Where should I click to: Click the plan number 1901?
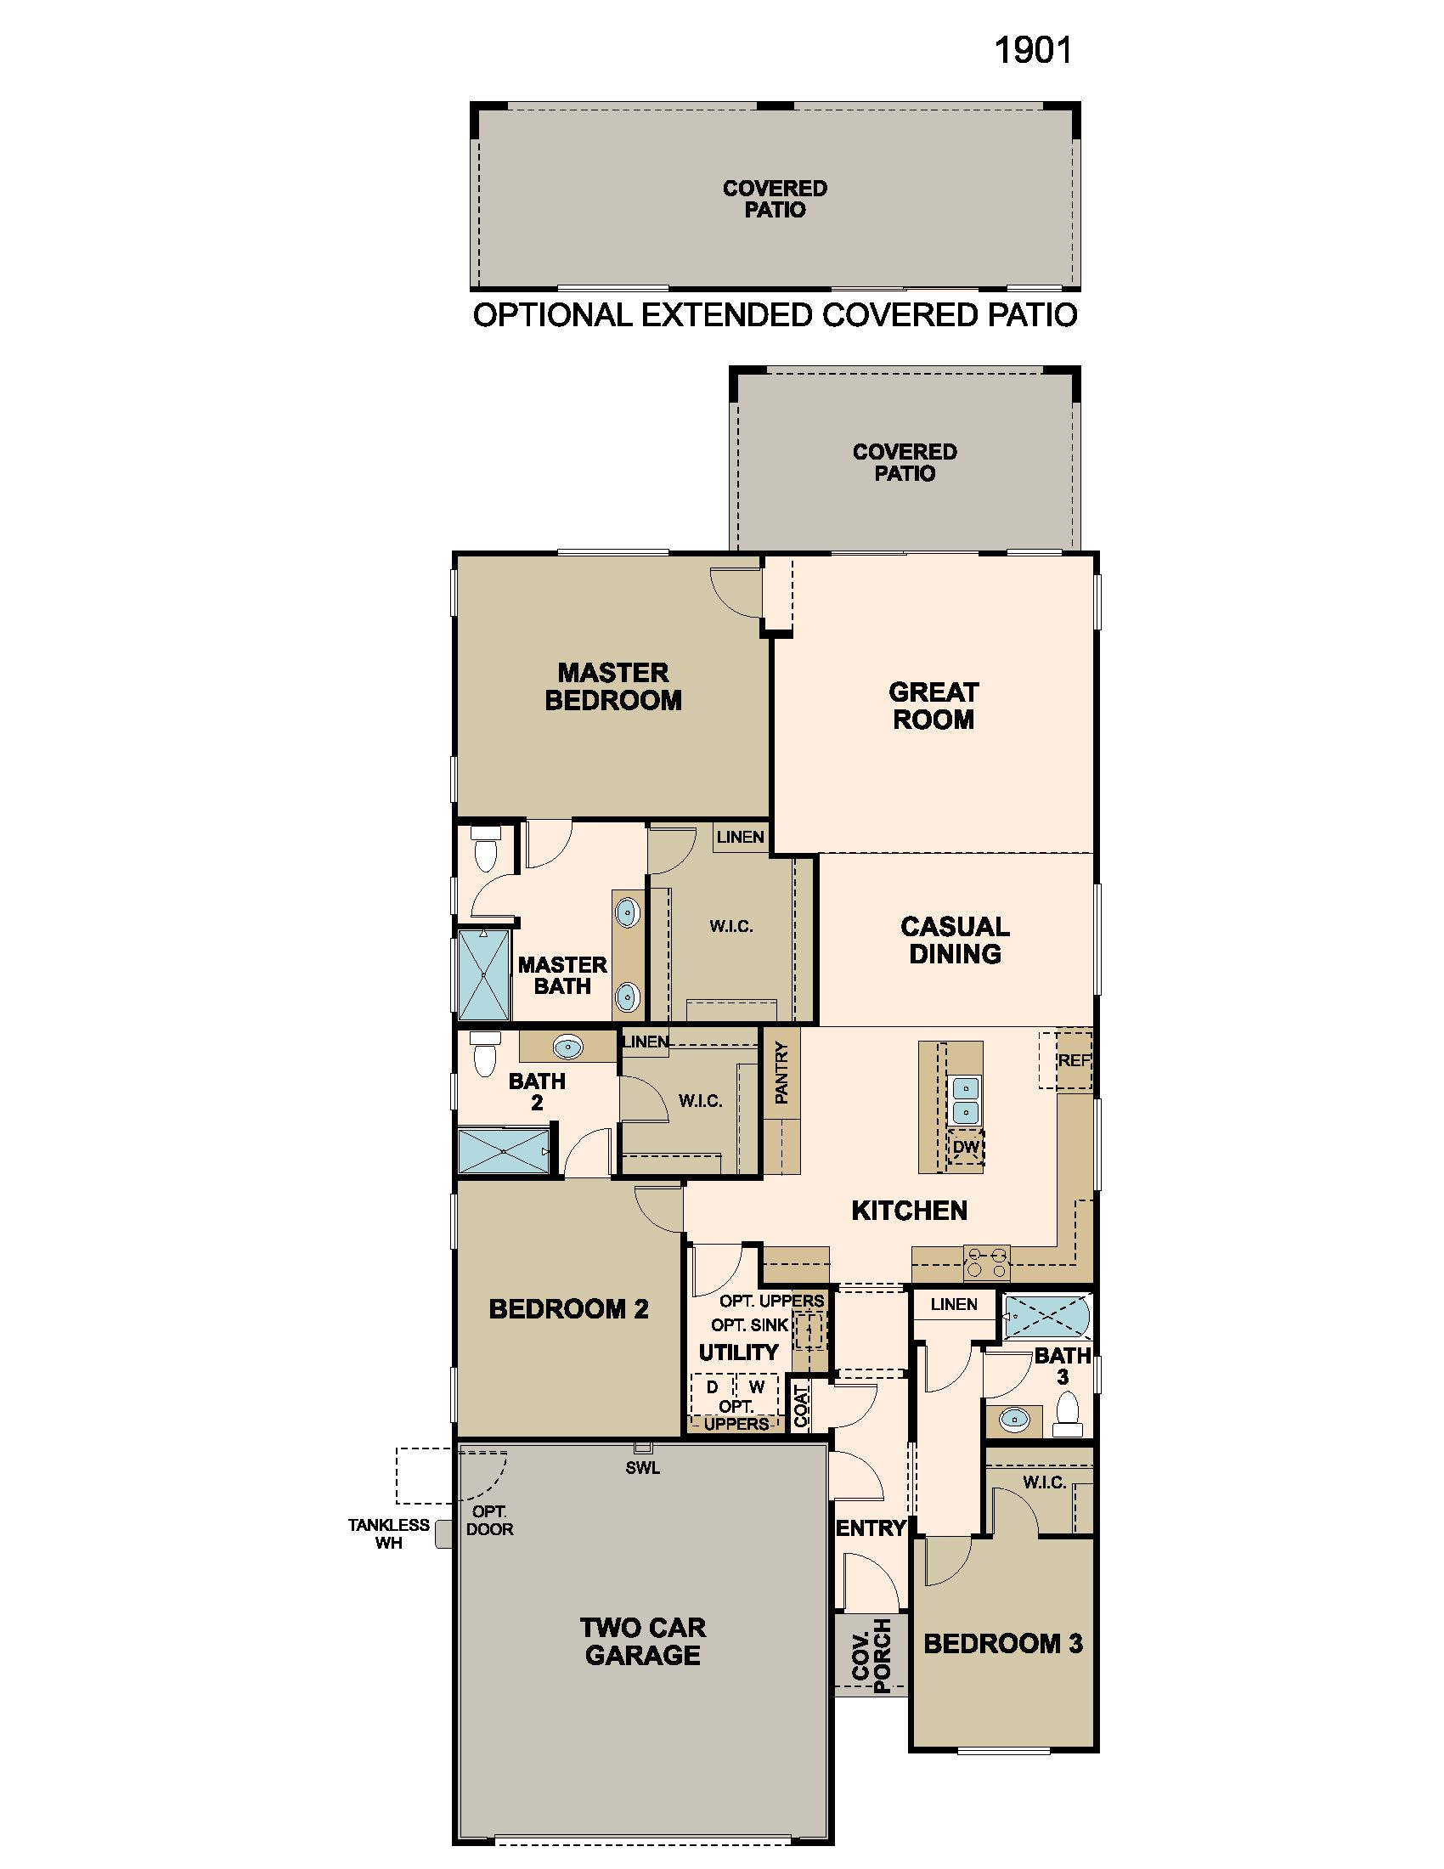click(1033, 51)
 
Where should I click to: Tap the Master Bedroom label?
click(612, 686)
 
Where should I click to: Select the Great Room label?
click(934, 705)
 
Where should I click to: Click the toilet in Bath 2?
click(485, 1054)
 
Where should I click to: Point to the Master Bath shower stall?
click(483, 974)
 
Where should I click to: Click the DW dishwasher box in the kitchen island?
click(966, 1147)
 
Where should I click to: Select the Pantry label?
click(781, 1072)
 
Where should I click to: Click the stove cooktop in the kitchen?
click(986, 1263)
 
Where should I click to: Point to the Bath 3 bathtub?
click(1047, 1316)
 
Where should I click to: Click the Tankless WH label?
click(388, 1533)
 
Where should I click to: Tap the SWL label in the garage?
click(642, 1469)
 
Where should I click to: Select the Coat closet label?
click(802, 1406)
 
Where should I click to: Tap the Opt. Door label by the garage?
click(489, 1521)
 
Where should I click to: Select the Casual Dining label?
click(955, 940)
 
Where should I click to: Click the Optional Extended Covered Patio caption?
click(775, 315)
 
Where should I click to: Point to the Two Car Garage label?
click(642, 1640)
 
